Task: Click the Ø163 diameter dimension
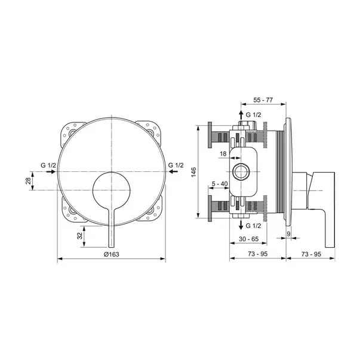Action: tap(111, 254)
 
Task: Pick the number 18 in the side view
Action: tap(223, 154)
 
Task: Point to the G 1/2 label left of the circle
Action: tap(48, 165)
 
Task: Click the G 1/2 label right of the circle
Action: tap(176, 165)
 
